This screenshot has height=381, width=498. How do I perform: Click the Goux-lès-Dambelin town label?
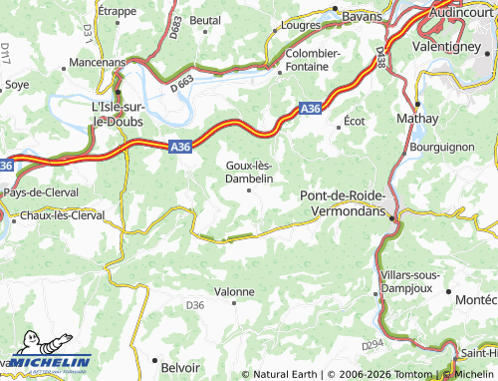(x=249, y=171)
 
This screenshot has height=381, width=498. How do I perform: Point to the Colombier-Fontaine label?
(x=313, y=59)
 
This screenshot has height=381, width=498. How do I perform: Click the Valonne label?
(x=235, y=291)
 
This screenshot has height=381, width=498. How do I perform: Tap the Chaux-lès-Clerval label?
(x=63, y=214)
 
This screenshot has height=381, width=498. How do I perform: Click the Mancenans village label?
(x=97, y=63)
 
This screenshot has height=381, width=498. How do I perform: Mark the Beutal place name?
(x=205, y=20)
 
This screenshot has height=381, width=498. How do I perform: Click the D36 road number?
(x=195, y=305)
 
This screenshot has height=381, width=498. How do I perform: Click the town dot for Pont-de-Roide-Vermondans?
(x=391, y=217)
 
